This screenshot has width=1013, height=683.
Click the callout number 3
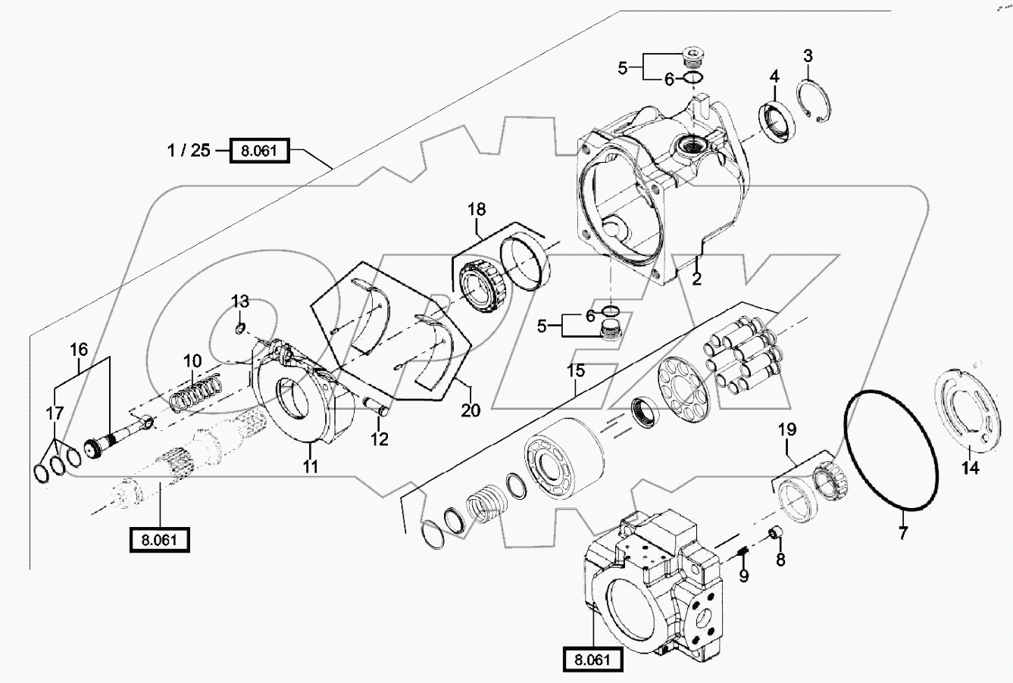[x=808, y=55]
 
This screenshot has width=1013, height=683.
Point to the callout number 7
[x=902, y=533]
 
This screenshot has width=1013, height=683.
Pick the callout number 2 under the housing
[x=697, y=278]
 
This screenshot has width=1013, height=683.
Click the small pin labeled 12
[x=377, y=410]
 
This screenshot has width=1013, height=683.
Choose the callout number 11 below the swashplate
[x=311, y=467]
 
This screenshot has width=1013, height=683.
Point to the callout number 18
[x=476, y=209]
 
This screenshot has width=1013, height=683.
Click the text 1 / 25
[x=189, y=150]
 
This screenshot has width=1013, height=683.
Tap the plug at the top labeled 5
[x=690, y=55]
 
